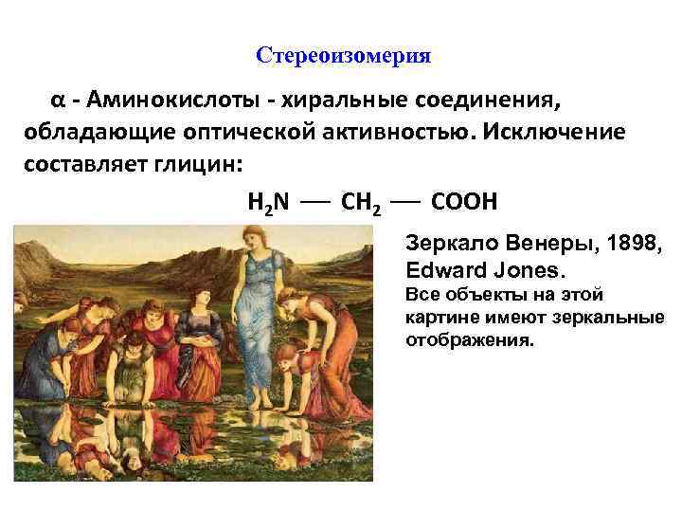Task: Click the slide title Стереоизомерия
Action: (344, 56)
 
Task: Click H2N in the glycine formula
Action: (268, 202)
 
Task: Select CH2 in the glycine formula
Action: (359, 203)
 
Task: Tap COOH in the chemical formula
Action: (463, 202)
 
